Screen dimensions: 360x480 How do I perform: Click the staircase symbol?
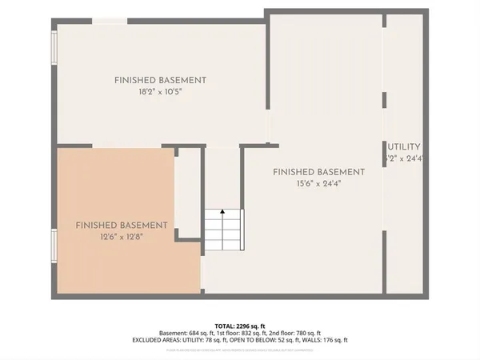point(222,230)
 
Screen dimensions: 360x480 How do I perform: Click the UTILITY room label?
point(404,147)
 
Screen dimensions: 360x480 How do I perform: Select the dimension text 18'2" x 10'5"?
point(160,92)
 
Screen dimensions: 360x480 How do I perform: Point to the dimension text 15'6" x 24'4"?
point(318,184)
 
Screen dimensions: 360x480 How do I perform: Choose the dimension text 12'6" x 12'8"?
point(122,237)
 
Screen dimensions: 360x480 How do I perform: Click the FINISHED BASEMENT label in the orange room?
point(122,226)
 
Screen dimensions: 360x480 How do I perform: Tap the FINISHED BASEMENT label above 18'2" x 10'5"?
point(160,80)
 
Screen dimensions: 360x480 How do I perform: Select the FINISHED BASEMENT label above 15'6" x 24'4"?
point(318,172)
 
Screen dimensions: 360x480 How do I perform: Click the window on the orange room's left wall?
point(54,246)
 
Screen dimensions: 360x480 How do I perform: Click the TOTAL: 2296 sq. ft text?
point(239,326)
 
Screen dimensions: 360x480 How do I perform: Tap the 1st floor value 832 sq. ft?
point(253,334)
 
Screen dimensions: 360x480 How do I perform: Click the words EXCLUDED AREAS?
point(155,340)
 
